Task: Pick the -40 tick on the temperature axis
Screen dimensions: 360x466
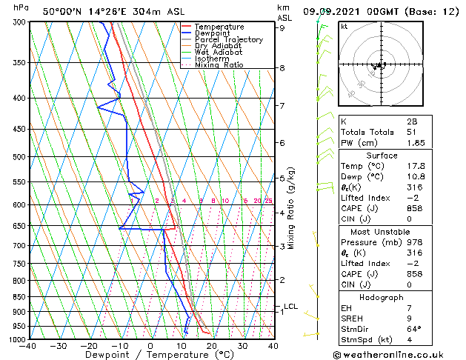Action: (29, 346)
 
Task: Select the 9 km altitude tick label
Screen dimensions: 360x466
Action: (282, 28)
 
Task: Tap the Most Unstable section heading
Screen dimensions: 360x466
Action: (382, 232)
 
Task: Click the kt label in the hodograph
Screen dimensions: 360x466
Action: (344, 27)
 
